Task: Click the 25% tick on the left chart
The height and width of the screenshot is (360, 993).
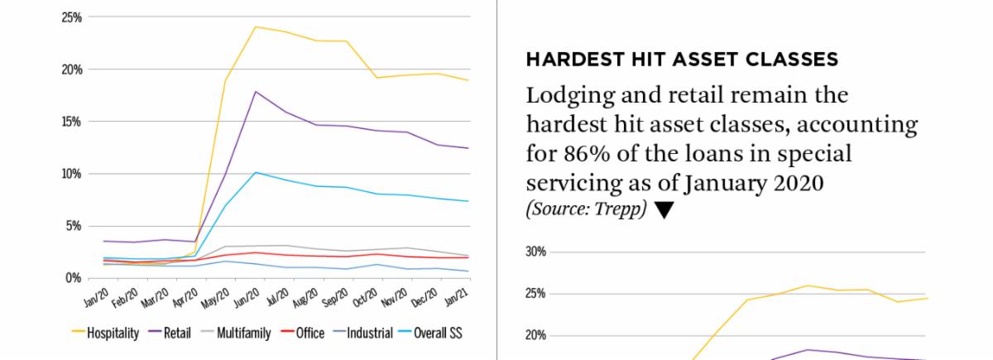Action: [72, 17]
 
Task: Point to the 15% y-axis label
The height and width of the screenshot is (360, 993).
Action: [72, 122]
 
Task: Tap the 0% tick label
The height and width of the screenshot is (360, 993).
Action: [74, 278]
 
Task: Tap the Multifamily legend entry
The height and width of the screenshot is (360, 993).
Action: [240, 334]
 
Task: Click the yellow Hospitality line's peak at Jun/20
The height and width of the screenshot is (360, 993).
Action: [256, 27]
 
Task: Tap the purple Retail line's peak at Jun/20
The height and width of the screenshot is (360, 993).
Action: [257, 92]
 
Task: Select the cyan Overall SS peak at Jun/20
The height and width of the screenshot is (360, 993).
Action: [257, 172]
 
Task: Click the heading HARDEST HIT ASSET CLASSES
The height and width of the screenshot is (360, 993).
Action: [682, 60]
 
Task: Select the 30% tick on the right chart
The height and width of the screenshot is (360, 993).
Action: [537, 252]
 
